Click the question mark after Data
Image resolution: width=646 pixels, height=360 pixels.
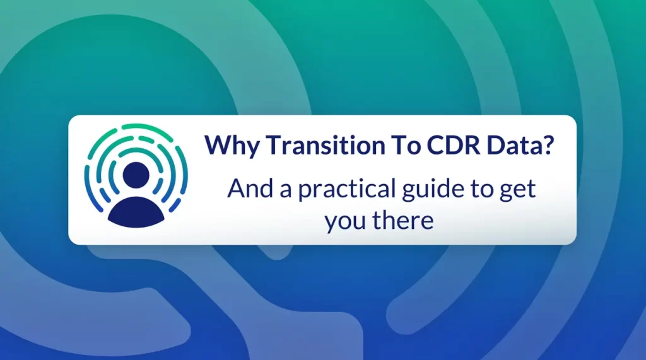548,144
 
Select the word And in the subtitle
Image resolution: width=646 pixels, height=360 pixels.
250,188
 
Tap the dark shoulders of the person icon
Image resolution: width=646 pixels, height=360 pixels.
136,211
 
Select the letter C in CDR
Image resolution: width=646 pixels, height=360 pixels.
436,144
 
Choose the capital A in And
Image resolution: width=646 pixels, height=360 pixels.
237,188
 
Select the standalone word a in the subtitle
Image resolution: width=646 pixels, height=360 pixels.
286,190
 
